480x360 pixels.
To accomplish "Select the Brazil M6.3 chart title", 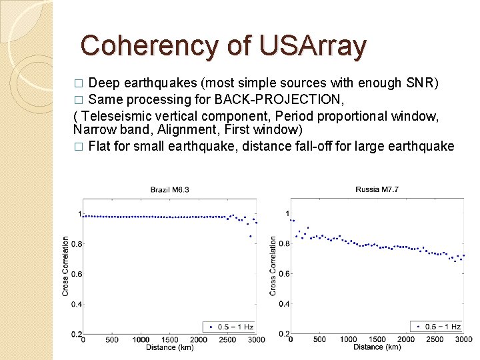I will pyautogui.click(x=169, y=190).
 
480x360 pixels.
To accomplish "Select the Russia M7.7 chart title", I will pyautogui.click(x=377, y=190).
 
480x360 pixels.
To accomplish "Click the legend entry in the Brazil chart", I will pyautogui.click(x=230, y=327).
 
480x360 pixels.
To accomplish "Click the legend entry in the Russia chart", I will pyautogui.click(x=437, y=327).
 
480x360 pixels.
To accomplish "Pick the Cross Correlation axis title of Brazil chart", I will pyautogui.click(x=65, y=267).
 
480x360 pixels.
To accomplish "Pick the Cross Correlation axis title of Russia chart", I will pyautogui.click(x=273, y=267).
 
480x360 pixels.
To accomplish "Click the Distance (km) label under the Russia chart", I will pyautogui.click(x=377, y=347).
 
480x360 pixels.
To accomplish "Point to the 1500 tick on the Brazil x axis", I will pyautogui.click(x=169, y=340).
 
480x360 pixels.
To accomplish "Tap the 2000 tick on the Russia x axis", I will pyautogui.click(x=406, y=340).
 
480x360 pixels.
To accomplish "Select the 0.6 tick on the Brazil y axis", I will pyautogui.click(x=75, y=274).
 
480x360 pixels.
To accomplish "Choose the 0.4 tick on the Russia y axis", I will pyautogui.click(x=284, y=304).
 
